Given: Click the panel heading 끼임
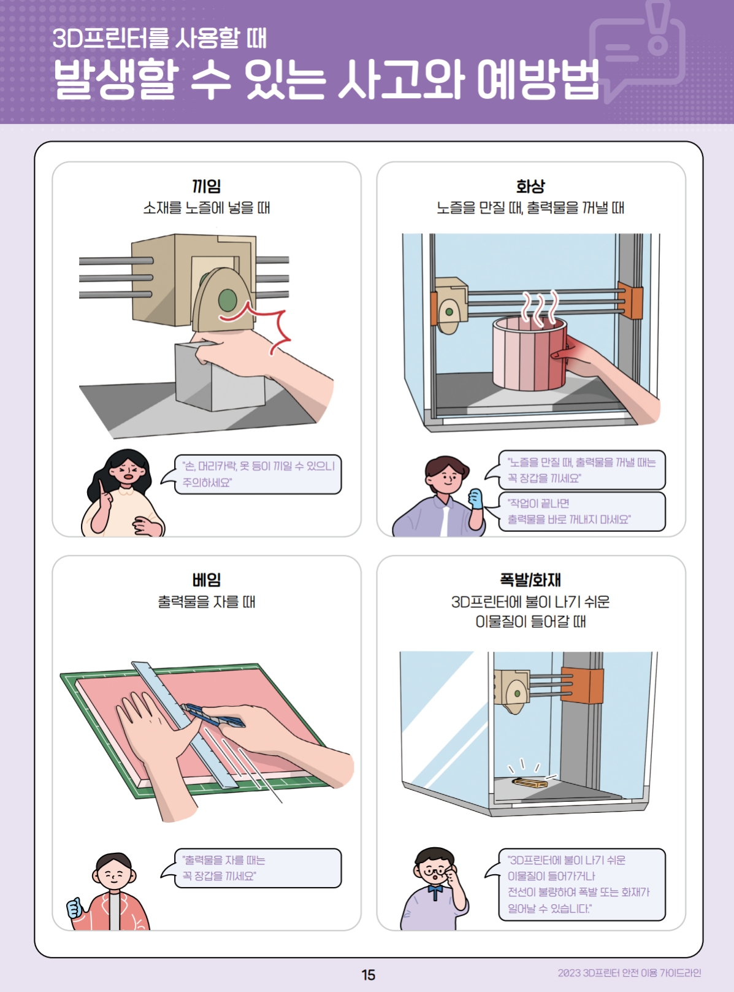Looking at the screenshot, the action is pos(207,186).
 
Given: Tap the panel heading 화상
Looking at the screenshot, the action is pos(530,186).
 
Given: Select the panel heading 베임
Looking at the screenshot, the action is pos(207,580).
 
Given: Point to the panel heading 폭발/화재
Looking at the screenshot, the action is pos(530,580).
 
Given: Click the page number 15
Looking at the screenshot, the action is pos(369,975).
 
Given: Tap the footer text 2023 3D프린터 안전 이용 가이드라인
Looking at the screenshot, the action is pos(629,973).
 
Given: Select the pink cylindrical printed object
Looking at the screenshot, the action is pos(529,354).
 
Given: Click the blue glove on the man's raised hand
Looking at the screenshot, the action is pos(476,499).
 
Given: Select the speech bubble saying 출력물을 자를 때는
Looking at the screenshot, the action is pos(258,868).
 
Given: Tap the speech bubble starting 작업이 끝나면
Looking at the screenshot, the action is pos(581,512).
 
